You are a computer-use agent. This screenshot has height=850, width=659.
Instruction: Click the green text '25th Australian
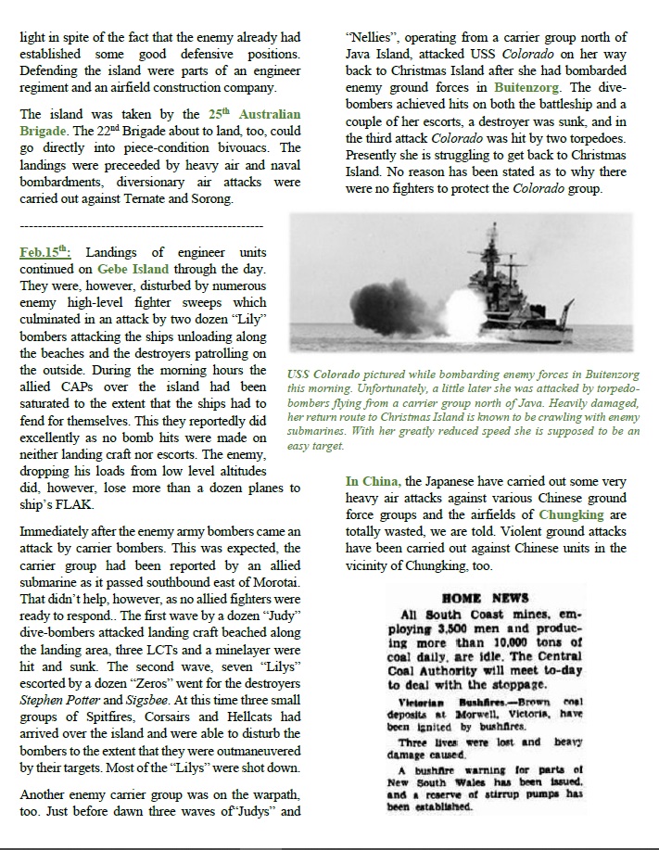pyautogui.click(x=254, y=115)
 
